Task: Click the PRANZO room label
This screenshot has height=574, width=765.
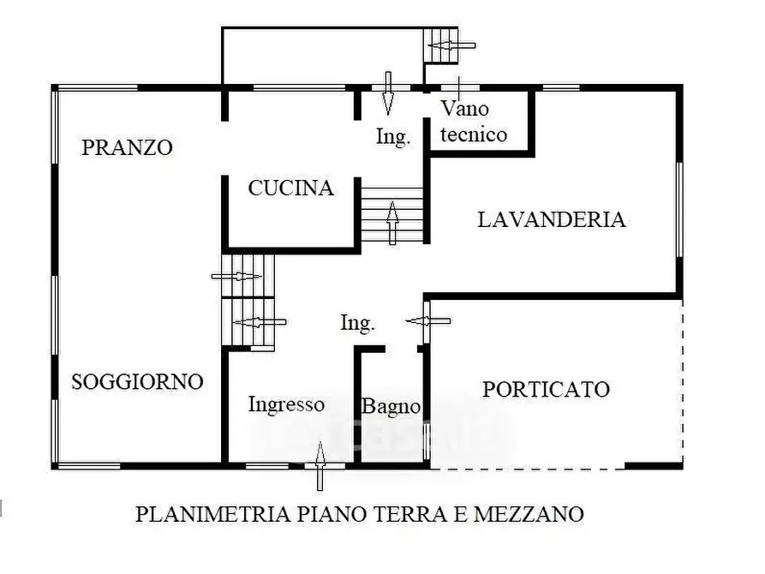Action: tap(127, 147)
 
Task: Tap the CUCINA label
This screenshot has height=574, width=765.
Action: tap(290, 188)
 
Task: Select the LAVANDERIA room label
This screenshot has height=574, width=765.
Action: tap(551, 219)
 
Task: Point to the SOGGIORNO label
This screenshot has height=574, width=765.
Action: tap(137, 381)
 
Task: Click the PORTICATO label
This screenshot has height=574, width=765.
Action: tap(546, 389)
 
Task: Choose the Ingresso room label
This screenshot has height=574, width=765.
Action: tap(286, 404)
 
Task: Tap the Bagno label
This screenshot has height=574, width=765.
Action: tap(391, 407)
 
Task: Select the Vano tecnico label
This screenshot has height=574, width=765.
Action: tap(473, 122)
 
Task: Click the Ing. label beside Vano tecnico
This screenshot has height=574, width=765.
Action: tap(393, 137)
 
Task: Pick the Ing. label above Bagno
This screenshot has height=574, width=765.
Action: tap(357, 323)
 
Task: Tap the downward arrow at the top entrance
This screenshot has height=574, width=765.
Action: tap(388, 93)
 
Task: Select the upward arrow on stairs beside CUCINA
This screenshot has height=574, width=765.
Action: tap(392, 223)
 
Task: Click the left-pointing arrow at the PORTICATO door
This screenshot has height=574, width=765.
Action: tap(428, 320)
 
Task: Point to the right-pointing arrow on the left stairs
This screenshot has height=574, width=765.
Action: tap(236, 276)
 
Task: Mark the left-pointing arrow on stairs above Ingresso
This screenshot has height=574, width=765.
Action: tap(260, 322)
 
